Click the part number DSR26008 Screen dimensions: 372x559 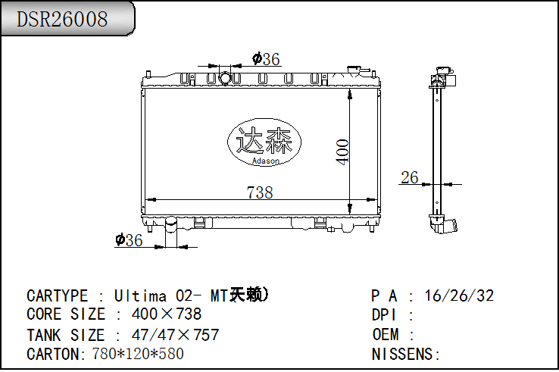click(x=62, y=19)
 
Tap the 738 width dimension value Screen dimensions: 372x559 click(x=260, y=192)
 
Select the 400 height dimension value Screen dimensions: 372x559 click(x=342, y=152)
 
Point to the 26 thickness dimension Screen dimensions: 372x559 click(x=410, y=178)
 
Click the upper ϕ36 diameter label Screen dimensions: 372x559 click(x=266, y=58)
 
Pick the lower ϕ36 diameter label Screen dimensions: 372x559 click(x=129, y=240)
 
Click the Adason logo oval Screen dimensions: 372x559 click(x=264, y=142)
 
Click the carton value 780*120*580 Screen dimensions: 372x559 click(x=137, y=354)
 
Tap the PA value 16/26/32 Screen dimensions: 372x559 click(x=459, y=295)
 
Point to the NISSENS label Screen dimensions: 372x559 click(x=405, y=354)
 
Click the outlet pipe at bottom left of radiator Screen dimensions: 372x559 click(x=171, y=231)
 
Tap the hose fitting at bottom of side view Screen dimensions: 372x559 click(x=446, y=227)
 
